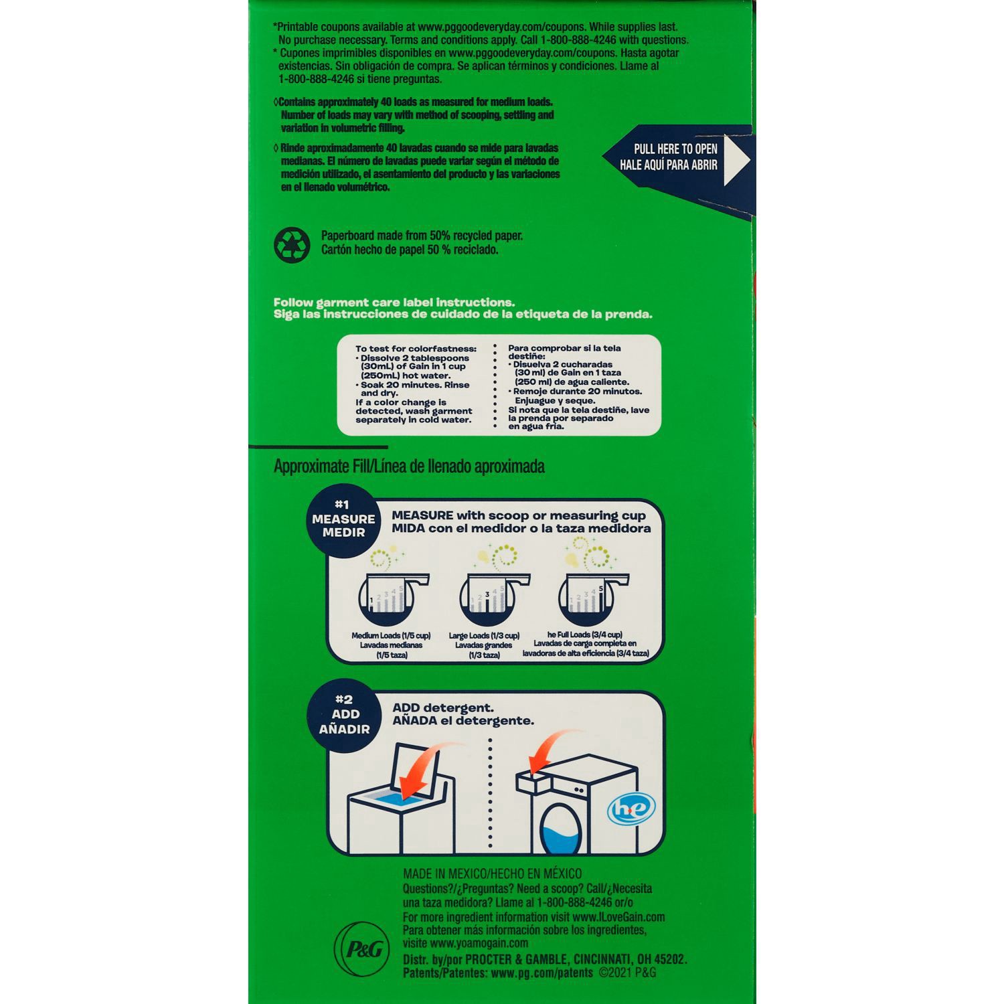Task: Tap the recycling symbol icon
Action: [x=292, y=244]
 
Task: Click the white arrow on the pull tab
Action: [x=738, y=159]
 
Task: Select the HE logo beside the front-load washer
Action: [x=631, y=807]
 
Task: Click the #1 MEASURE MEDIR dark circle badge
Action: [x=343, y=519]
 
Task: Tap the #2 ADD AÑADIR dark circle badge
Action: [x=344, y=714]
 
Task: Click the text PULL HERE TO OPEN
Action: [x=675, y=149]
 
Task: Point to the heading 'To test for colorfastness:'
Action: [x=416, y=349]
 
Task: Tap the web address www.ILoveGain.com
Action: [x=618, y=917]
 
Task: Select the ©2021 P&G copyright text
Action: [x=627, y=973]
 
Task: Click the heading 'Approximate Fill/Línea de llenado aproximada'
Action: [x=409, y=467]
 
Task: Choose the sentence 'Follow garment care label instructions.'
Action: [x=394, y=303]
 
